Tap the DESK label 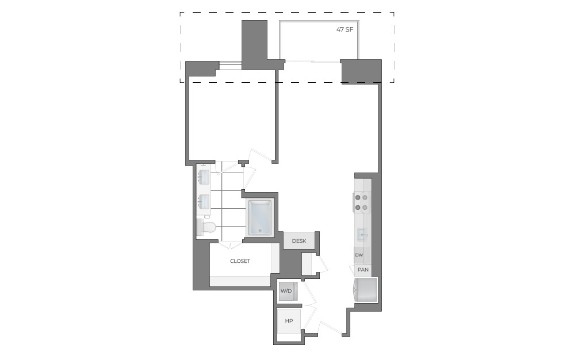click(x=299, y=241)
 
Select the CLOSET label click(x=240, y=261)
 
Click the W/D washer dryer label click(x=286, y=291)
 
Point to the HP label click(x=289, y=321)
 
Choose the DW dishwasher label click(x=359, y=255)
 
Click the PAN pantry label click(x=363, y=269)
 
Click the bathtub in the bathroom click(x=260, y=217)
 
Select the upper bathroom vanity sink click(x=204, y=177)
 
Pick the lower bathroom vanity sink click(x=204, y=202)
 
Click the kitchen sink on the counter click(x=362, y=234)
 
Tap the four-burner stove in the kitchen click(x=361, y=202)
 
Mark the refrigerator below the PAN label click(x=365, y=290)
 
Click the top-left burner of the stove click(x=357, y=197)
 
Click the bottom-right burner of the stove click(x=365, y=207)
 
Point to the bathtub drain click(x=260, y=231)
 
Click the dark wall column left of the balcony click(x=254, y=44)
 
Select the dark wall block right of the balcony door click(x=361, y=71)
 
